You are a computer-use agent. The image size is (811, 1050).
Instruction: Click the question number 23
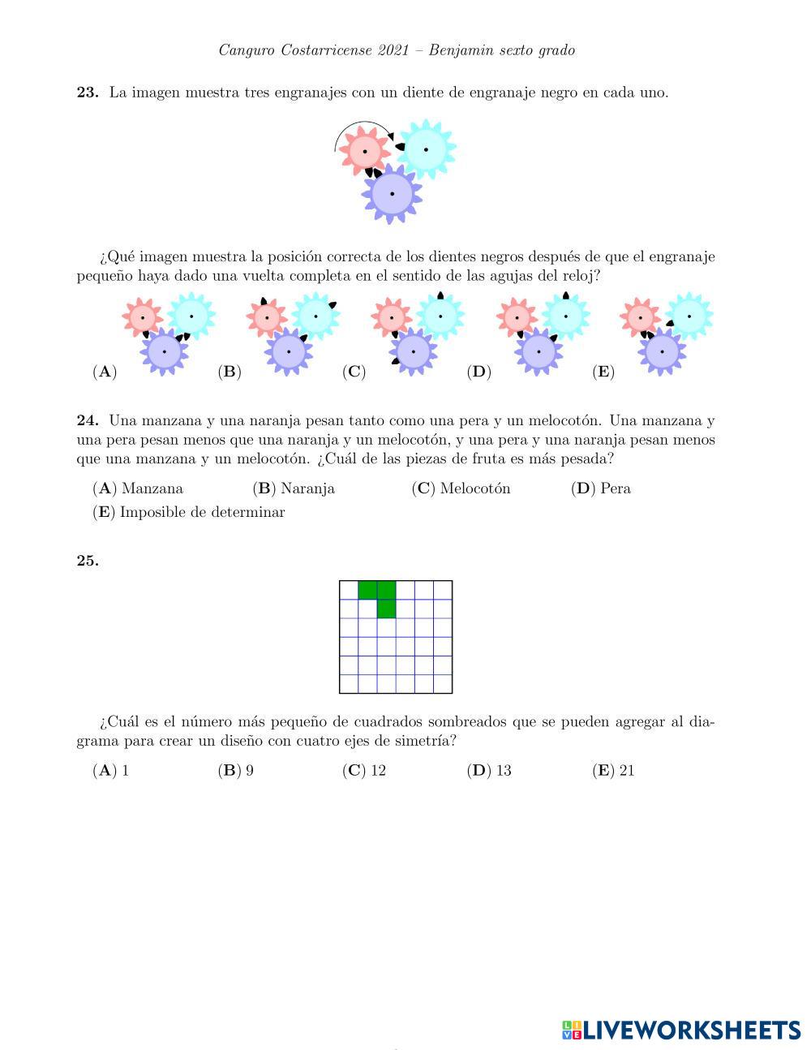click(x=88, y=93)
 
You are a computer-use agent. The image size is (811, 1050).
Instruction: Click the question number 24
click(x=88, y=421)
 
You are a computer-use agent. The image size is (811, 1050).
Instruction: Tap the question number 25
click(x=88, y=561)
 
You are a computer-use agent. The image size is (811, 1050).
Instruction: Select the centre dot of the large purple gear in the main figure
click(x=393, y=194)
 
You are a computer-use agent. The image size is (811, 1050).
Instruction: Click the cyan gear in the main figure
click(x=426, y=149)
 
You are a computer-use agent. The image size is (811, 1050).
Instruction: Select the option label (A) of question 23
click(x=105, y=372)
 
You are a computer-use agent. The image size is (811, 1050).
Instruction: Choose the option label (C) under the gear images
click(x=354, y=372)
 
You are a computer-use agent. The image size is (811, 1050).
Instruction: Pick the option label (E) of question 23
click(x=603, y=372)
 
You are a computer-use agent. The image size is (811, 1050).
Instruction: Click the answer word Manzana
click(x=152, y=488)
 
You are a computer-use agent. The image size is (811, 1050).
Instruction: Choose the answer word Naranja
click(x=307, y=488)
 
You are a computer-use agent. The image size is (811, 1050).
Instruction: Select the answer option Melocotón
click(x=474, y=488)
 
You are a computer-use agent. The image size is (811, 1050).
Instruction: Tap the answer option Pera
click(x=615, y=488)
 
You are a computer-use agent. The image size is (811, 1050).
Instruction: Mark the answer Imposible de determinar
click(x=202, y=512)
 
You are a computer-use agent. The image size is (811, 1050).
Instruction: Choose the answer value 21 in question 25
click(x=626, y=771)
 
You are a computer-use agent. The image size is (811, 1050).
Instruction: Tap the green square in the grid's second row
click(x=386, y=609)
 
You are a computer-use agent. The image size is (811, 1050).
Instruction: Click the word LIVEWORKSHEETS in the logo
click(x=692, y=1031)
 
